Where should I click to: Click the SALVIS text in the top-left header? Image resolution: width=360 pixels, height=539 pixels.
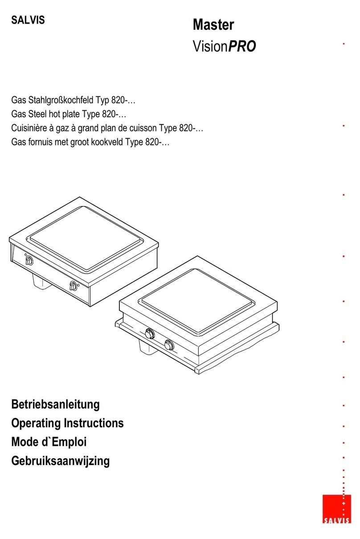tap(28, 20)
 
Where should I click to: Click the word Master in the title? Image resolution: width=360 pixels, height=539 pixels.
tap(213, 25)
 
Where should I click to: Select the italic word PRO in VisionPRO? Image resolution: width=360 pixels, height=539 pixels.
tap(241, 46)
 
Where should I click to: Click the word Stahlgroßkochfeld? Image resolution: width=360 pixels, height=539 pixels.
tap(61, 100)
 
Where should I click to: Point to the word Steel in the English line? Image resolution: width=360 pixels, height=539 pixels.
tap(37, 114)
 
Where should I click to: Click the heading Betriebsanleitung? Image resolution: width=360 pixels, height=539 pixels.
tap(55, 404)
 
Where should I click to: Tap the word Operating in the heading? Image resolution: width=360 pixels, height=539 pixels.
tap(35, 423)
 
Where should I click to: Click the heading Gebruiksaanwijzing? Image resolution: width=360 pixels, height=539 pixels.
tap(60, 461)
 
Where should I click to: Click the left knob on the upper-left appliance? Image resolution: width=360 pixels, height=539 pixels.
tap(29, 261)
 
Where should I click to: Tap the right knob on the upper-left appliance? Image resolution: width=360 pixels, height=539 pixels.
tap(73, 286)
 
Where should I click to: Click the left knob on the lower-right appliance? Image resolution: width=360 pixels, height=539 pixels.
tap(150, 334)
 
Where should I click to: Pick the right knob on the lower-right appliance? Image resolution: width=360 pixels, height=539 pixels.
tap(169, 345)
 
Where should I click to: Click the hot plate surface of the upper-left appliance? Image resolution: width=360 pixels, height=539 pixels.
tap(85, 238)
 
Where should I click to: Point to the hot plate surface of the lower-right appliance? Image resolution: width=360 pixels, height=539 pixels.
tap(197, 301)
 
